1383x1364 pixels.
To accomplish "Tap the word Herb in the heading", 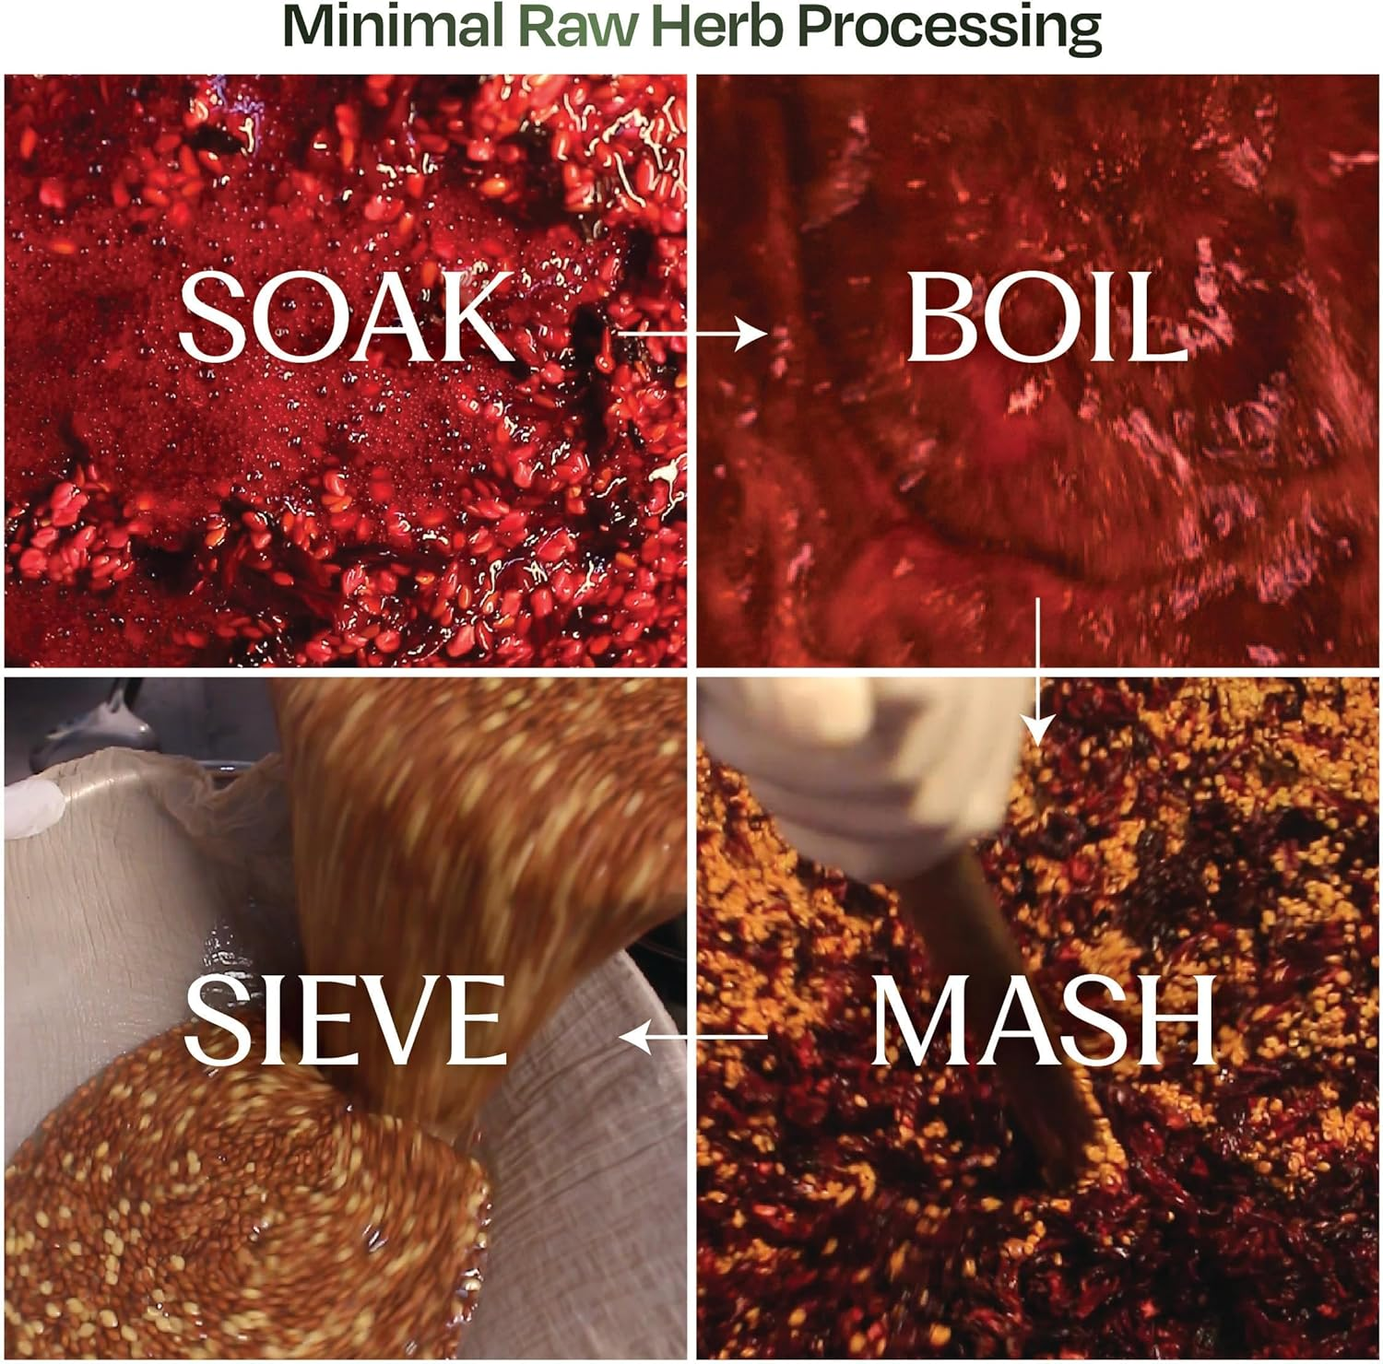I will pyautogui.click(x=717, y=28).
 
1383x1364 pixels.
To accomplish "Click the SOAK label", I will pyautogui.click(x=345, y=318).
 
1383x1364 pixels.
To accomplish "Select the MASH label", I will pyautogui.click(x=1042, y=1021).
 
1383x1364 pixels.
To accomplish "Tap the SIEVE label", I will pyautogui.click(x=345, y=1021).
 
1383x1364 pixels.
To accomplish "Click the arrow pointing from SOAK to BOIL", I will pyautogui.click(x=691, y=333).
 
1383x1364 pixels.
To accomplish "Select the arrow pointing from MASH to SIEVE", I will pyautogui.click(x=691, y=1038).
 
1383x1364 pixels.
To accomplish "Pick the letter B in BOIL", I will pyautogui.click(x=940, y=318).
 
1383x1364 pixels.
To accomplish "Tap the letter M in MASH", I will pyautogui.click(x=917, y=1021).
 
